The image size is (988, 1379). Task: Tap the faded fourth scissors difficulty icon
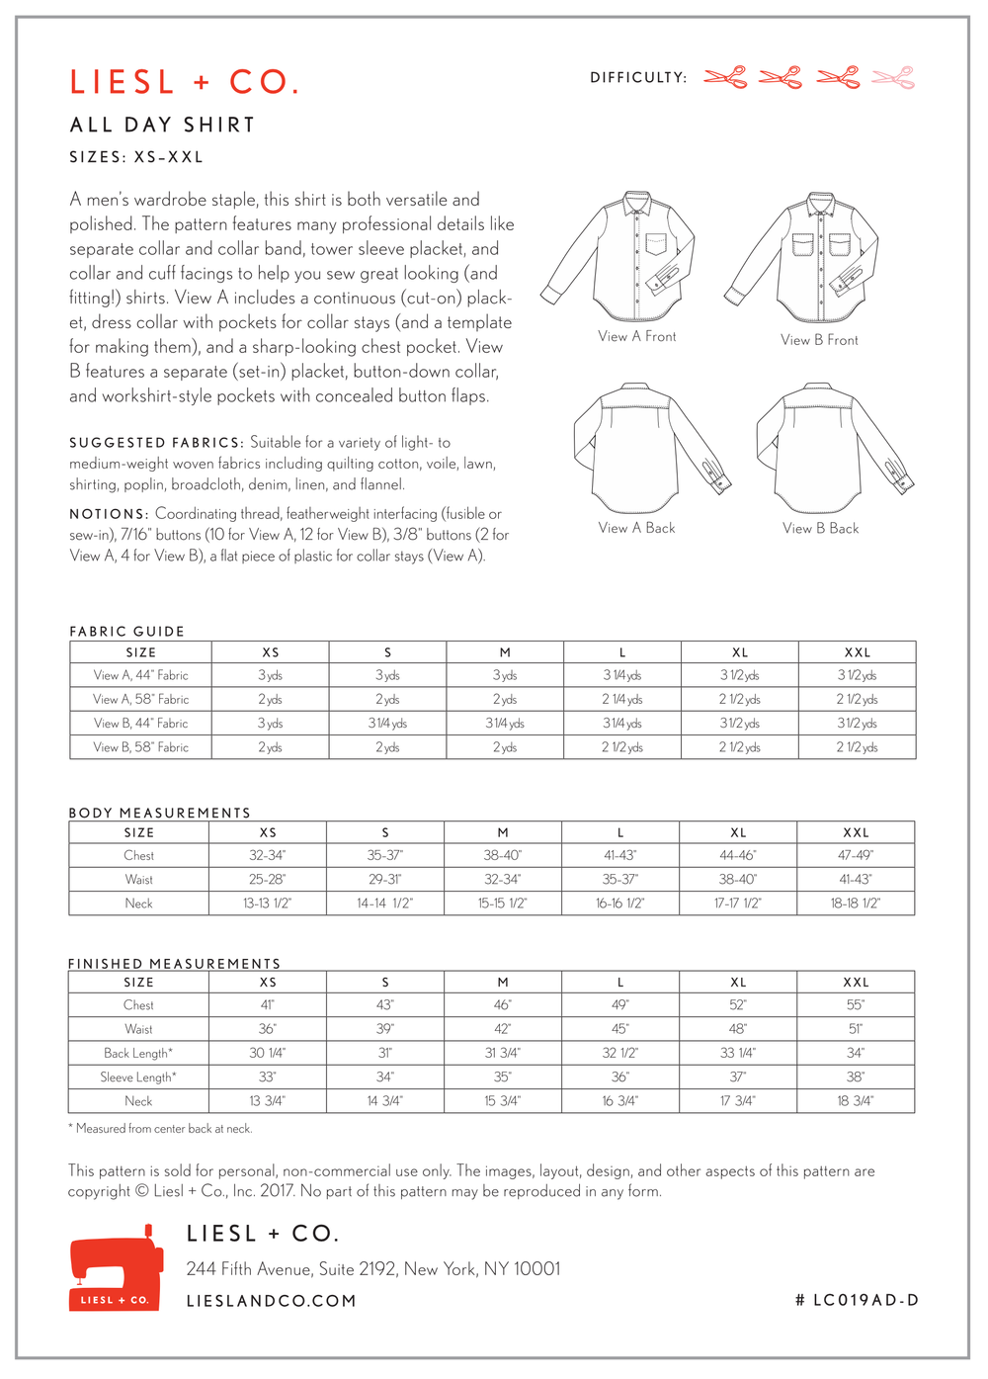tap(893, 77)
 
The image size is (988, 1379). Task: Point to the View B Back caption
tap(820, 529)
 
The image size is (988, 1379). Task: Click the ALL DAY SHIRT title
tap(163, 126)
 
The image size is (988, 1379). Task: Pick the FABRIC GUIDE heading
tap(126, 632)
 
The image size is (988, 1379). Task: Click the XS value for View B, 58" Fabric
tap(270, 747)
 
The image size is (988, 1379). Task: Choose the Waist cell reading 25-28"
tap(268, 880)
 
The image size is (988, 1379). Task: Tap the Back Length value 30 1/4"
tap(268, 1054)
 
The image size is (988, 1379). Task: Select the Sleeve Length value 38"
tap(856, 1077)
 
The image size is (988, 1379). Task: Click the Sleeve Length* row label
tap(138, 1077)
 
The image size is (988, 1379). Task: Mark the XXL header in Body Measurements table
tap(856, 833)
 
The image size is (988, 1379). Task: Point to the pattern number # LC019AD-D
tap(857, 1301)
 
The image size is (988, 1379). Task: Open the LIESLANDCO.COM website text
tap(272, 1302)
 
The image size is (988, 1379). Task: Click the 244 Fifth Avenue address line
tap(373, 1269)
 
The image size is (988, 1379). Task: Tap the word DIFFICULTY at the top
tap(637, 78)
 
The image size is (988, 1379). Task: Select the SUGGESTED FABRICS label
tap(156, 443)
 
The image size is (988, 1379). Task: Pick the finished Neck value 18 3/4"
tap(856, 1101)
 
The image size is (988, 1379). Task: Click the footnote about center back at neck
tap(160, 1129)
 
